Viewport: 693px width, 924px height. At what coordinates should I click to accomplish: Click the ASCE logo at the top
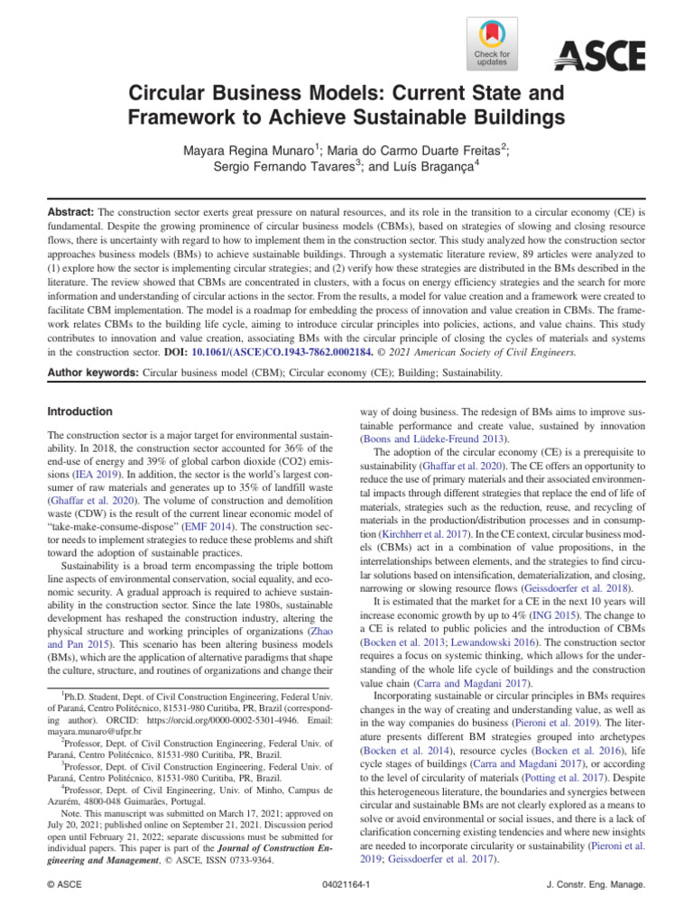click(599, 55)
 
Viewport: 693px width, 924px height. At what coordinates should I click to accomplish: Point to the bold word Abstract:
click(69, 208)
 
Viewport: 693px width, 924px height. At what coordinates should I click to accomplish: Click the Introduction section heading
click(79, 411)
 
